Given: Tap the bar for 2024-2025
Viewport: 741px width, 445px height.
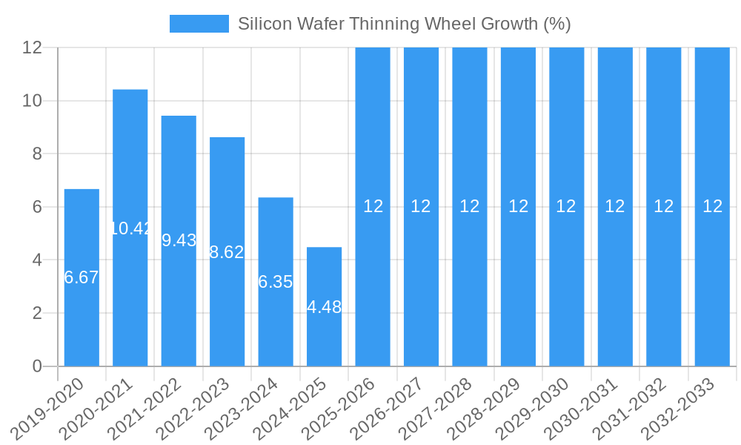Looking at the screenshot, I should [x=325, y=341].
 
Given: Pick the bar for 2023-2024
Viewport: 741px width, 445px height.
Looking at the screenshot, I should [x=276, y=326].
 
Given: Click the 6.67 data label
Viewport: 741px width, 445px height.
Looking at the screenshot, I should [x=82, y=277].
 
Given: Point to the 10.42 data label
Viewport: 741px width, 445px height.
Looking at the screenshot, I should [x=130, y=228].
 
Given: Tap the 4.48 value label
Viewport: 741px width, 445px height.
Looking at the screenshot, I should [x=325, y=307].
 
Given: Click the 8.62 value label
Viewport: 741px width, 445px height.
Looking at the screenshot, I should [x=227, y=252].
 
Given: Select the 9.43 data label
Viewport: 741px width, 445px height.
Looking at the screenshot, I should [x=179, y=240].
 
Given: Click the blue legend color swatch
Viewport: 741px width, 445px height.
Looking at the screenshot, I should [x=199, y=24].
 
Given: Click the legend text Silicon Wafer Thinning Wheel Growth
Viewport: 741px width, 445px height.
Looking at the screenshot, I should [x=404, y=24].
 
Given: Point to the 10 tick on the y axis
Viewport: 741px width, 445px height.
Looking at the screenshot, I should [x=32, y=101].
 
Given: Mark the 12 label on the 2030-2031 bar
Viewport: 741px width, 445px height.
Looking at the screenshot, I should [x=615, y=206].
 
